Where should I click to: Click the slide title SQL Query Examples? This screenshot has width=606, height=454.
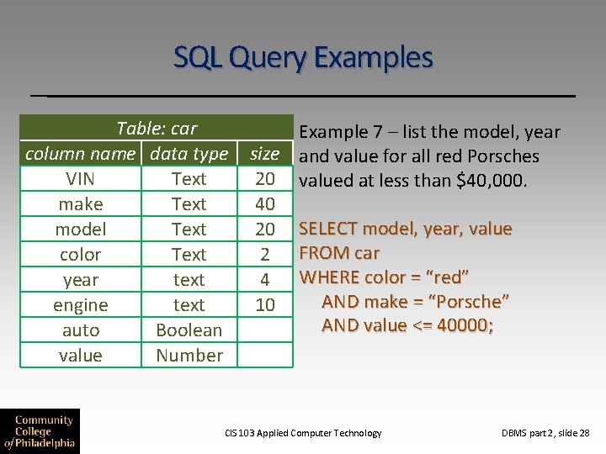coord(303,57)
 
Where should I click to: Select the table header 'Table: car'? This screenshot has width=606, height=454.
coord(157,129)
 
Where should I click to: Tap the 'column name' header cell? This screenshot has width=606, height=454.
coord(80,154)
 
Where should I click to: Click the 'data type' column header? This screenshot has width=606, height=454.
coord(189,154)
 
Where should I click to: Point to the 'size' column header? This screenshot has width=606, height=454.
coord(264,154)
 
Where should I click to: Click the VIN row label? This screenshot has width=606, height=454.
coord(81,179)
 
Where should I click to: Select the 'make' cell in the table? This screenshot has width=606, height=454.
coord(81,204)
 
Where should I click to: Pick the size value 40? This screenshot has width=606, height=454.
coord(264,204)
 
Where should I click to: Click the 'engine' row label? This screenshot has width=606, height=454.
coord(81,305)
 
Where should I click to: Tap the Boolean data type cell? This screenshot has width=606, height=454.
coord(189,330)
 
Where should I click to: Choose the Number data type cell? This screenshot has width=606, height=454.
coord(189,356)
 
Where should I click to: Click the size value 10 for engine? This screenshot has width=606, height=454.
coord(264,305)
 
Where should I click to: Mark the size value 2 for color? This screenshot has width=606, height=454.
coord(264,255)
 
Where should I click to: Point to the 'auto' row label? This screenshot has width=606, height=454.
coord(81,330)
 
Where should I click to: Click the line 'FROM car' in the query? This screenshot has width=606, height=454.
coord(339,253)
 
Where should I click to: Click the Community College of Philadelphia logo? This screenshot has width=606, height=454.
coord(40,430)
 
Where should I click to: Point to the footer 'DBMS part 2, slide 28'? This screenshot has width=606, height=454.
coord(545,433)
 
